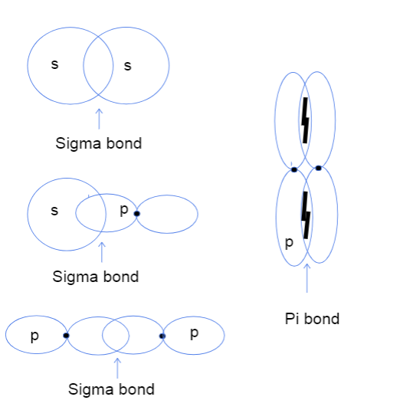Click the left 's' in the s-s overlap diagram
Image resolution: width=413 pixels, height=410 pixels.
[x=54, y=64]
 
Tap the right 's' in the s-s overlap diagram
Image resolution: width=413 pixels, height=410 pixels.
[x=127, y=66]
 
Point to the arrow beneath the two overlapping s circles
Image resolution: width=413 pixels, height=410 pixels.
[x=98, y=118]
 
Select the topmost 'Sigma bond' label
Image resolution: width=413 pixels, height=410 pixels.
[x=99, y=143]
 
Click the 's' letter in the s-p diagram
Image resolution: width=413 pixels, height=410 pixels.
[x=54, y=211]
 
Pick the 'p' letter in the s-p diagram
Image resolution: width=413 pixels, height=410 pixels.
[x=123, y=210]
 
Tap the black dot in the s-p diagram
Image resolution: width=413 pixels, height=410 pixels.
[x=136, y=213]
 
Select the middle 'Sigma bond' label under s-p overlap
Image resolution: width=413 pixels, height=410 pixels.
[x=96, y=277]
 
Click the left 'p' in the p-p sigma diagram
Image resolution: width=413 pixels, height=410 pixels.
[x=34, y=336]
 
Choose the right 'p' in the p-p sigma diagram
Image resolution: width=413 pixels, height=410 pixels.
[x=193, y=333]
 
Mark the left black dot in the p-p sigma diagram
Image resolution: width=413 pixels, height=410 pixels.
[x=67, y=336]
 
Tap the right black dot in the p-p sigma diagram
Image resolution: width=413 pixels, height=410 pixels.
[x=162, y=336]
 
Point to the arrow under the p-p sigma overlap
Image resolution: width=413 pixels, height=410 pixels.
[x=117, y=366]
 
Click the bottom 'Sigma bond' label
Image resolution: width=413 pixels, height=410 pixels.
[x=111, y=389]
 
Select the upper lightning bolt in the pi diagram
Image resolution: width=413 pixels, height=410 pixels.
[x=305, y=120]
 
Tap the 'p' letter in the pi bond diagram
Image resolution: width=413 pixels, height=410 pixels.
[x=288, y=243]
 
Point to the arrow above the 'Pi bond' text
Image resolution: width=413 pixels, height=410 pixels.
[x=306, y=279]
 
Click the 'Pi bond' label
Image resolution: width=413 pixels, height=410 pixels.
[x=312, y=319]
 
